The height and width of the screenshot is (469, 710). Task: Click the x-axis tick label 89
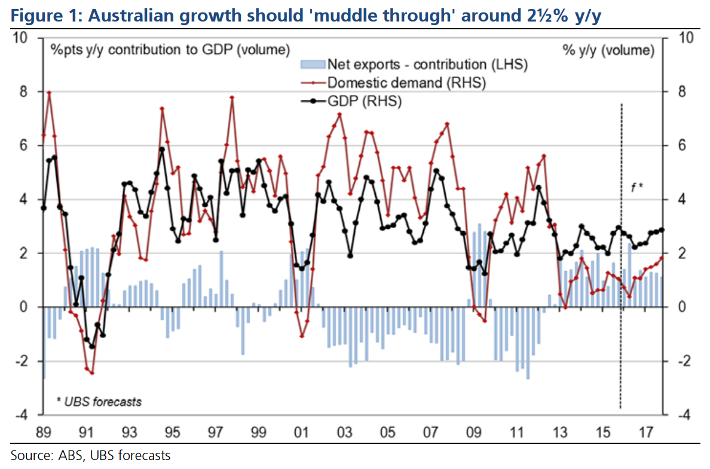point(43,431)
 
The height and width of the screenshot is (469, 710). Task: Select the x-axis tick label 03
point(344,431)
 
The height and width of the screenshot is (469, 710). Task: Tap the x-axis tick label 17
point(645,431)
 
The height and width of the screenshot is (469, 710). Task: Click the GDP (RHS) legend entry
point(365,102)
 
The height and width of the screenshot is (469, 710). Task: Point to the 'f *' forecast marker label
point(637,188)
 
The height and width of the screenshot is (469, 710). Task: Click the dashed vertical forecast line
point(622,299)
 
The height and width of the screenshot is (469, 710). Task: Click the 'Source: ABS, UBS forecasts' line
point(90,455)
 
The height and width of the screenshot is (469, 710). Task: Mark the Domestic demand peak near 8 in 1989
point(49,93)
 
